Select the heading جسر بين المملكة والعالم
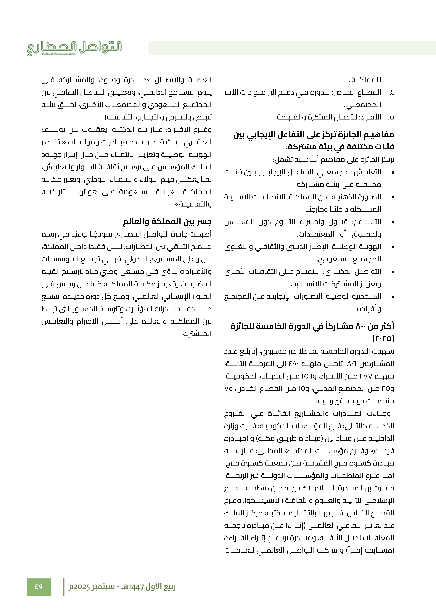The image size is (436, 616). (x=167, y=222)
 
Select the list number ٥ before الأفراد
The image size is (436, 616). (x=391, y=117)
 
